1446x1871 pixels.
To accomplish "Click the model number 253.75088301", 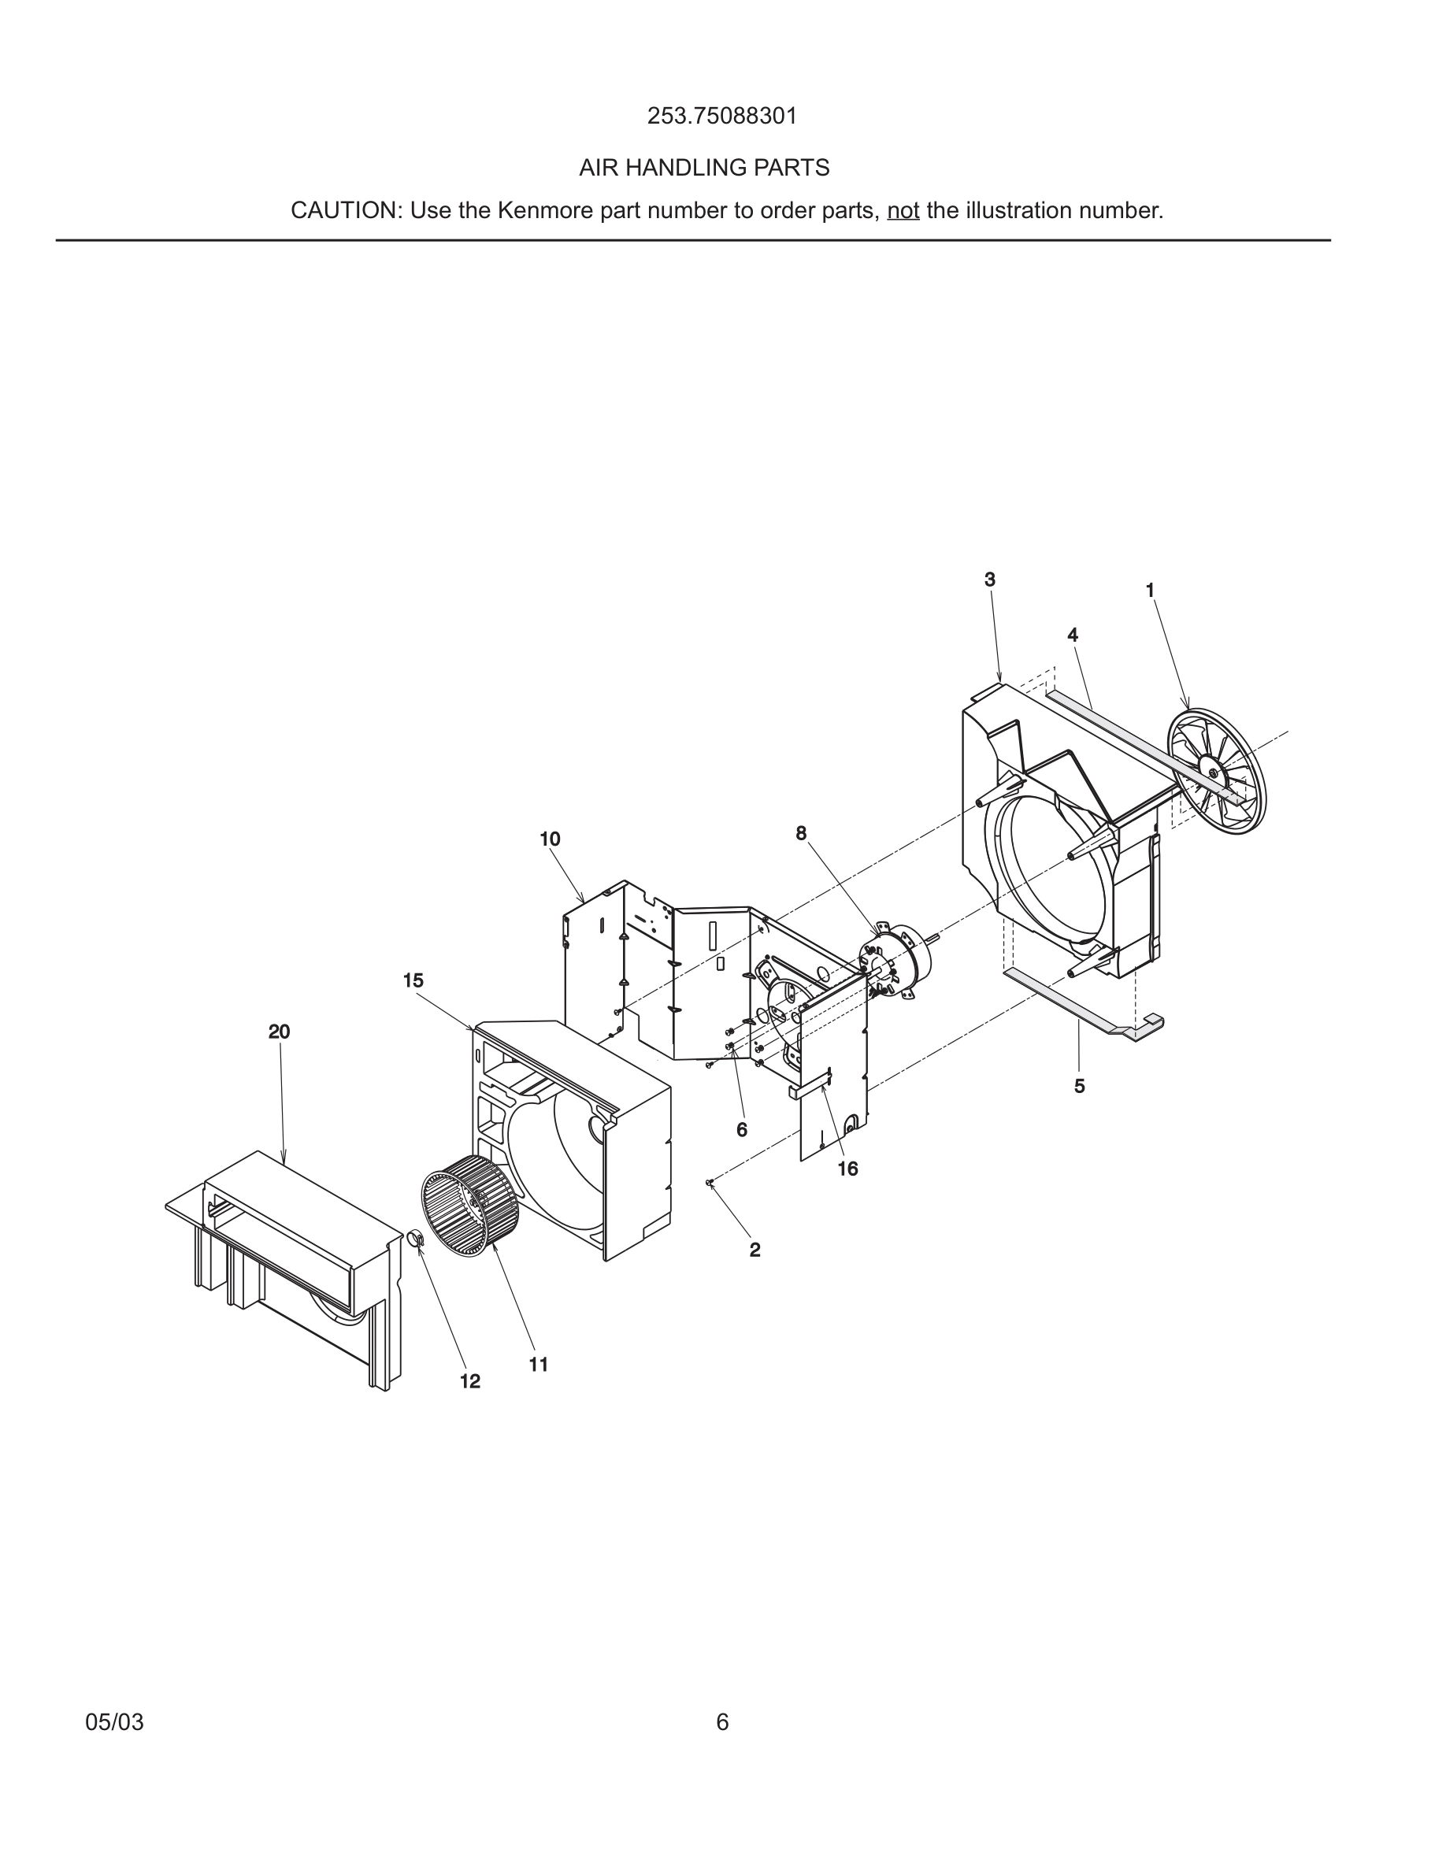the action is tap(721, 117).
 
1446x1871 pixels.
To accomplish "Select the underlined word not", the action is tap(903, 211).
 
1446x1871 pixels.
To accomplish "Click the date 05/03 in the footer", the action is tap(114, 1722).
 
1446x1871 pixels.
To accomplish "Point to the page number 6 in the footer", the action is tap(722, 1722).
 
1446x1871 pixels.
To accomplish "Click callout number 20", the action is tap(280, 1032).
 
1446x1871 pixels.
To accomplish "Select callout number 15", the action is tap(413, 981).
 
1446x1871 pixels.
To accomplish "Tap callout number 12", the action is tap(469, 1381).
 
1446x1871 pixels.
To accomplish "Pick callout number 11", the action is tap(538, 1365).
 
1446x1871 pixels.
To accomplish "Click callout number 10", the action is tap(549, 839).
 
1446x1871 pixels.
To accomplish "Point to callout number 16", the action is tap(847, 1169).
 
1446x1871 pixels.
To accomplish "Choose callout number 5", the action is tap(1079, 1086).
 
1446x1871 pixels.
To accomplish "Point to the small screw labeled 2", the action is tap(710, 1183).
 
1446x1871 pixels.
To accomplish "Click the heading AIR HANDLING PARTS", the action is tap(704, 168).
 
